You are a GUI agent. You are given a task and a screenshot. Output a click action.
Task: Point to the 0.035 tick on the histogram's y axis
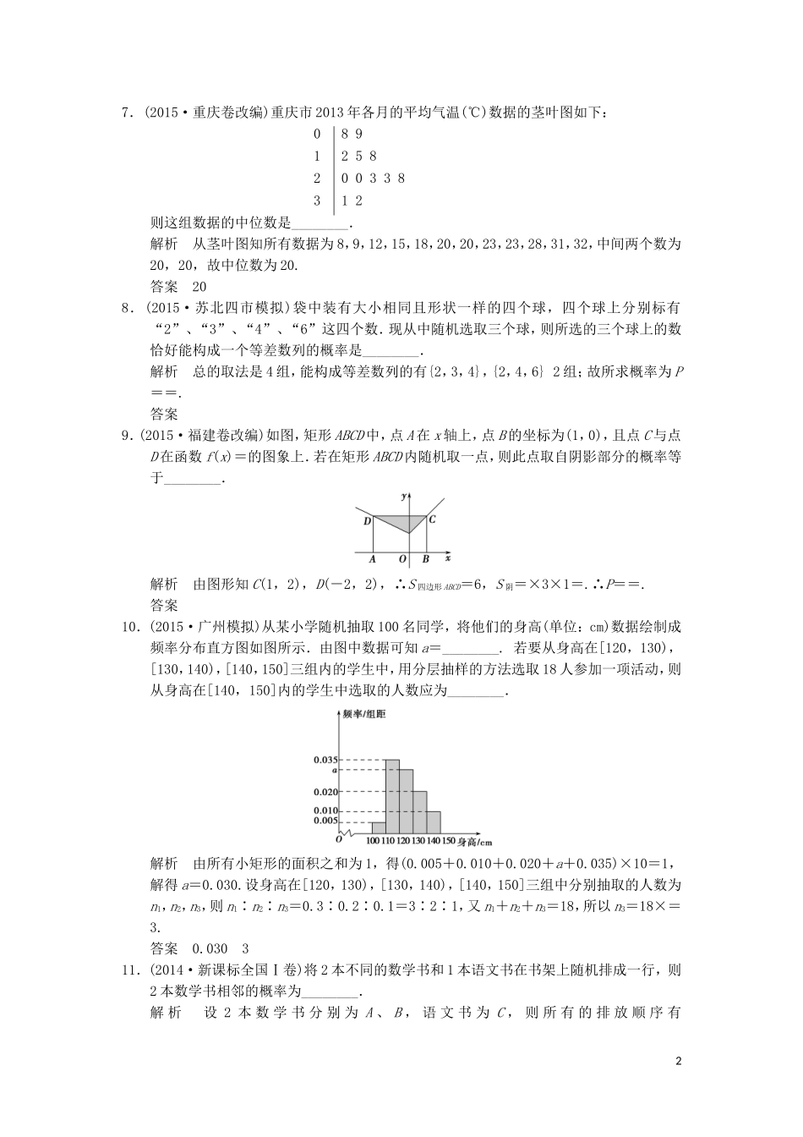coord(325,760)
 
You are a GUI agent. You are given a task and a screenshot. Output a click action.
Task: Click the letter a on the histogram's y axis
coord(336,770)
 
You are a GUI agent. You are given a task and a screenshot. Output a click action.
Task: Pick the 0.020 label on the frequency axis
coord(325,792)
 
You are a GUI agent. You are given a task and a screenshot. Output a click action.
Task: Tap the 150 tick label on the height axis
coord(448,842)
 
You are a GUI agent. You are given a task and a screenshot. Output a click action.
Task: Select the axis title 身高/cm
coord(475,843)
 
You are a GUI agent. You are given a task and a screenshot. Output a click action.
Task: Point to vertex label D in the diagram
coord(367,521)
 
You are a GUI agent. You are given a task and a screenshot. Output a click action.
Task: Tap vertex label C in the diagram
coord(432,519)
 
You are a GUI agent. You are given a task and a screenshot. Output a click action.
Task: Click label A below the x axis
coord(373,559)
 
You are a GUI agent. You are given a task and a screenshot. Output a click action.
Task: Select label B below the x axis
coord(425,559)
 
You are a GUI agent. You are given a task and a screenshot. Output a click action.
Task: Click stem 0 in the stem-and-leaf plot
coord(317,134)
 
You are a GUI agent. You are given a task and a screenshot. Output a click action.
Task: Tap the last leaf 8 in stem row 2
coord(401,178)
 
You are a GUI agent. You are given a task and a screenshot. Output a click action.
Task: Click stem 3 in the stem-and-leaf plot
coord(317,200)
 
